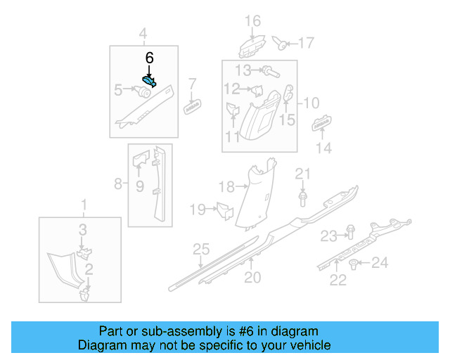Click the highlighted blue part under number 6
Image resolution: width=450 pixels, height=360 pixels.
point(149,81)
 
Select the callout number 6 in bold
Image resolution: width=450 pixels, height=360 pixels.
point(148,58)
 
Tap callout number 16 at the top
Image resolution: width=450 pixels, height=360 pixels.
point(252,20)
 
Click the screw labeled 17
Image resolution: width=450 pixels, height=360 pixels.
point(282,44)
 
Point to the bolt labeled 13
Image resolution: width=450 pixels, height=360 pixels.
point(269,70)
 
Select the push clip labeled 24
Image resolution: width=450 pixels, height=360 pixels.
point(352,264)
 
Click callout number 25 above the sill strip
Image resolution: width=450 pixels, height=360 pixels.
point(202,249)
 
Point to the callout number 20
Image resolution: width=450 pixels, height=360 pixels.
point(252,278)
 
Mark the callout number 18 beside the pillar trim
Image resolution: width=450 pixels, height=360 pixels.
point(226,186)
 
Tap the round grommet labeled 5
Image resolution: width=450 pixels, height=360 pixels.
point(146,91)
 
